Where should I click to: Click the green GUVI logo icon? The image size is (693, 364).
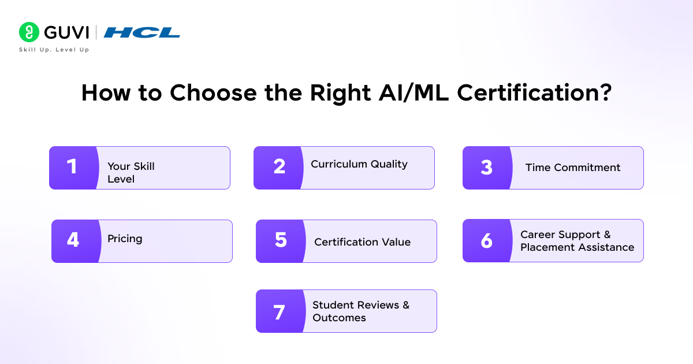29,32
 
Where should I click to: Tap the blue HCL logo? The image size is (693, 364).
142,32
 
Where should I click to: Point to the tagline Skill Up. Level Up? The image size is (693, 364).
54,50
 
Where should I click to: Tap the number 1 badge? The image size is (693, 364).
72,168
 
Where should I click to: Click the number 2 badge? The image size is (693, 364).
279,168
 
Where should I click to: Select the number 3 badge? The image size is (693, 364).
486,168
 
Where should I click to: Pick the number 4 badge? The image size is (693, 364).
73,240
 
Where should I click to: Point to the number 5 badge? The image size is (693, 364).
281,240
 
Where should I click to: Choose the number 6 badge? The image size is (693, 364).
486,240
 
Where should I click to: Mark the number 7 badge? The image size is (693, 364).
279,312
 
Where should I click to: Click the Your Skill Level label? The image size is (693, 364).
131,173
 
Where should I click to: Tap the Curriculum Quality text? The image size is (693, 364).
359,164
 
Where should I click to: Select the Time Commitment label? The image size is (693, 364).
573,168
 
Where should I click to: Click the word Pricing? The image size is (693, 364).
125,239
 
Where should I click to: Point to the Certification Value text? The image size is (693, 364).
362,242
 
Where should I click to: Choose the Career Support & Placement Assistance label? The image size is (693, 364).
577,241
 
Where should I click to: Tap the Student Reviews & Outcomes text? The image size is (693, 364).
361,311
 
